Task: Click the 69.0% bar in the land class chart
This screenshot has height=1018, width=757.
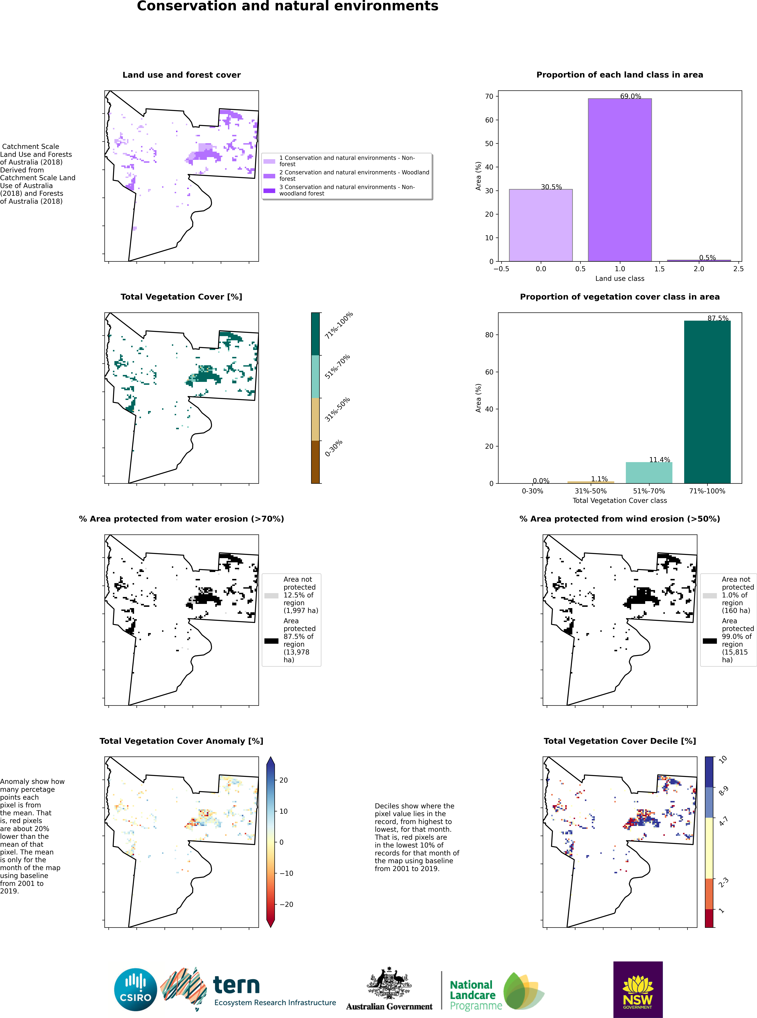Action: click(x=620, y=180)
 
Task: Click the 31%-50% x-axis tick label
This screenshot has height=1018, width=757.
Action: click(x=591, y=491)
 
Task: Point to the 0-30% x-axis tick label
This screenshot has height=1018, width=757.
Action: click(x=533, y=491)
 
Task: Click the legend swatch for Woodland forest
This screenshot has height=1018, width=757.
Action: click(x=269, y=176)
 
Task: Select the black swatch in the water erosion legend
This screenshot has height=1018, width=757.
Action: click(x=271, y=641)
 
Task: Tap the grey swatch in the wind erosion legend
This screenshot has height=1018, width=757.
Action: click(x=710, y=596)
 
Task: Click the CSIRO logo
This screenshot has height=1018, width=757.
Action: click(x=136, y=990)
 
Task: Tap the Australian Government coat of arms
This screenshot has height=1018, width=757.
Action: click(x=389, y=983)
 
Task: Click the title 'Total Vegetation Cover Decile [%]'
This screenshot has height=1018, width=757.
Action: click(x=620, y=741)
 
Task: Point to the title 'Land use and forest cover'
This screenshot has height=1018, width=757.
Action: click(x=181, y=75)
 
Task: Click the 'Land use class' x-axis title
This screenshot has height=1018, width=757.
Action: click(x=620, y=279)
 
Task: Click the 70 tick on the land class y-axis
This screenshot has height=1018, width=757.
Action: click(x=489, y=96)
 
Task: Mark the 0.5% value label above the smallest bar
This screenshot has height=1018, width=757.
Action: click(x=707, y=257)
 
